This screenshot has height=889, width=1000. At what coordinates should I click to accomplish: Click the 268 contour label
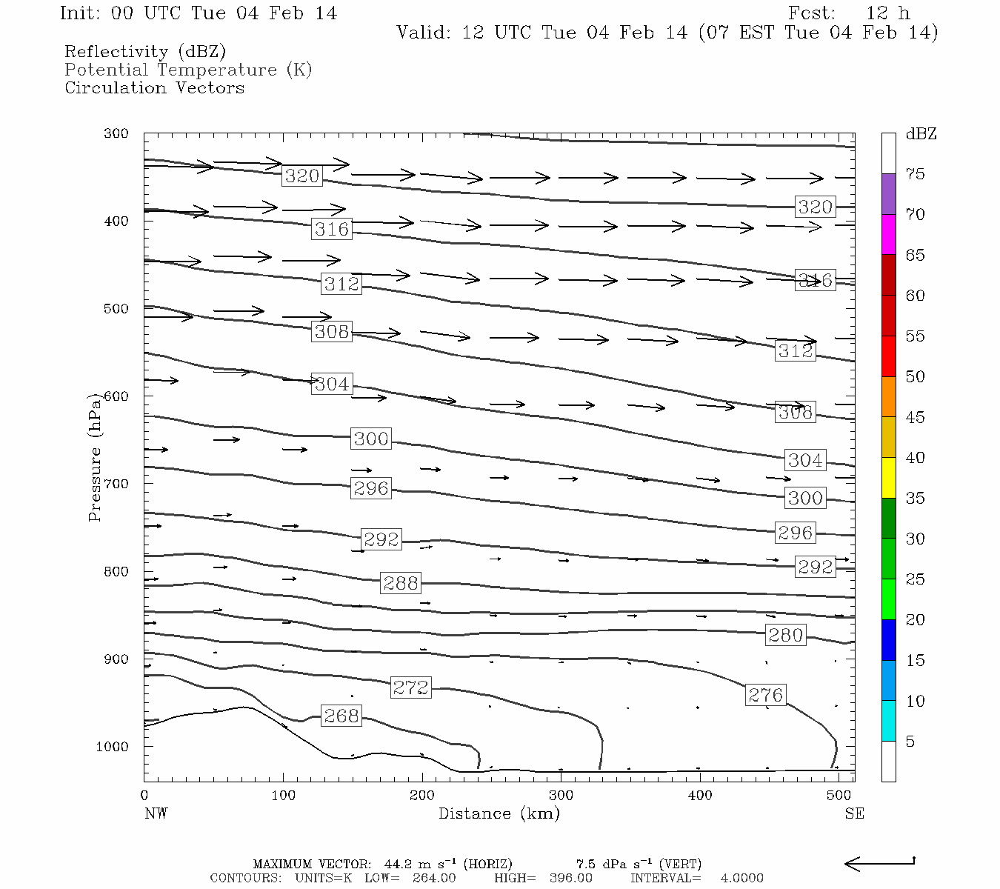click(341, 716)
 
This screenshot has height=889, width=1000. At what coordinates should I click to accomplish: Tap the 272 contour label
click(410, 687)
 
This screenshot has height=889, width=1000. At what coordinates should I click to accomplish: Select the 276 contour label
click(765, 695)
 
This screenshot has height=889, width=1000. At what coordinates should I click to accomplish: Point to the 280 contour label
click(785, 635)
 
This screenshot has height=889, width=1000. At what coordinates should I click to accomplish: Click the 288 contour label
click(401, 583)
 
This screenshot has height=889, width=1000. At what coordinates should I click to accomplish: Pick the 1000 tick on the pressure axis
click(113, 747)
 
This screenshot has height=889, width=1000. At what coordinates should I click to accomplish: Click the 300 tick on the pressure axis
click(116, 134)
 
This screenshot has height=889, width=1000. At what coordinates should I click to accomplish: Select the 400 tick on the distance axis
click(700, 796)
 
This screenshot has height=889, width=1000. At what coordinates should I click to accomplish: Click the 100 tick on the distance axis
click(283, 796)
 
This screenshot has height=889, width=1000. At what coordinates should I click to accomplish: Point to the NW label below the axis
click(156, 813)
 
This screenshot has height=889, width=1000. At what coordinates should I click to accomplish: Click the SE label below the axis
click(854, 813)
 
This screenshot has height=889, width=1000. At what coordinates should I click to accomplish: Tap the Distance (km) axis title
click(499, 813)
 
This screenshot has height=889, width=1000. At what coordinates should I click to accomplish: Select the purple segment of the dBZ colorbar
click(888, 194)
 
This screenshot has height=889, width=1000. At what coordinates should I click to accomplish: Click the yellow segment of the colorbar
click(888, 478)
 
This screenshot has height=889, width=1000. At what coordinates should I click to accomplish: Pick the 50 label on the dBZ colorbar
click(915, 377)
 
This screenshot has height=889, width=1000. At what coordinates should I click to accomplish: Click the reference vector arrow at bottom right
click(879, 863)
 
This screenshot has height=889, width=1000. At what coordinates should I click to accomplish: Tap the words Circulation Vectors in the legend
click(154, 87)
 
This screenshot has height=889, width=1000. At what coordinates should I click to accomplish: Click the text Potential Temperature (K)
click(188, 70)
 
